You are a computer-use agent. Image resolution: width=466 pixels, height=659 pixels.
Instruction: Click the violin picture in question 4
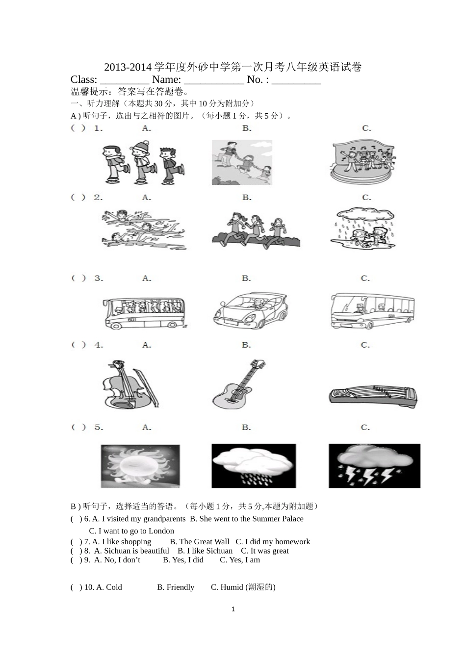[130, 385]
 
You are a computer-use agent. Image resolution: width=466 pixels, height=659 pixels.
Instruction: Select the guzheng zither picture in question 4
[373, 395]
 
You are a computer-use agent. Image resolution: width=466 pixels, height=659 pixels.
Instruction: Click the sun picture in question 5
[140, 466]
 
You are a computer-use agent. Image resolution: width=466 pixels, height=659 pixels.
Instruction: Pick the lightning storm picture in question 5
[374, 466]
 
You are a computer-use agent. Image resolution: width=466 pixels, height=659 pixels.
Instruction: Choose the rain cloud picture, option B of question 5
[254, 466]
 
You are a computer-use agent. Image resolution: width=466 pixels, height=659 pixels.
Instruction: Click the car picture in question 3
[250, 311]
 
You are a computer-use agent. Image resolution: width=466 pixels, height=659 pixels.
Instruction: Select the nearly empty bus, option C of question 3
[373, 311]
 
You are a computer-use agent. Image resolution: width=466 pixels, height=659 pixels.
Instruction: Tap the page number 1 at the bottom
[233, 609]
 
